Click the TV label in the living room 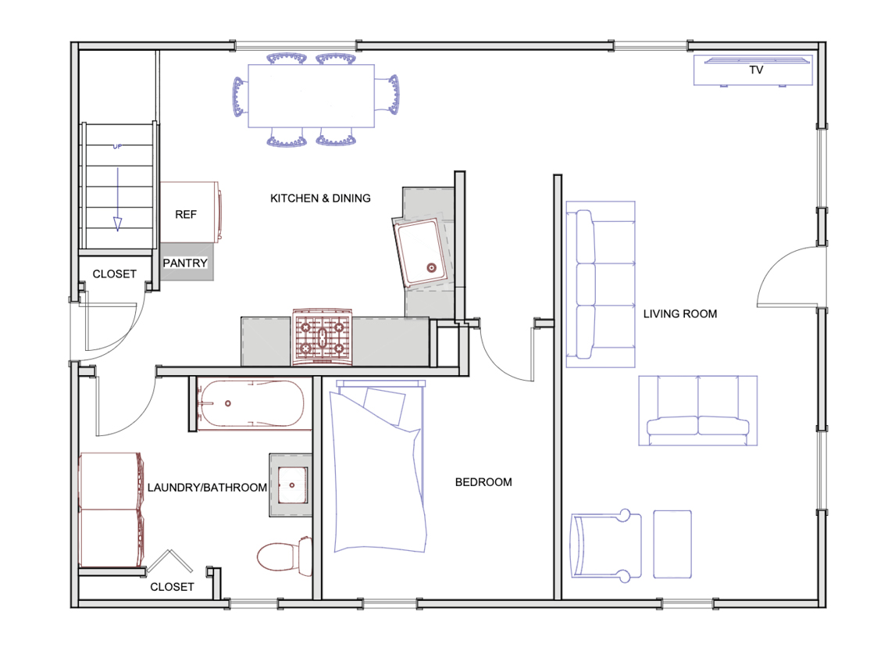pyautogui.click(x=756, y=70)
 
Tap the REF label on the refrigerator pyautogui.click(x=186, y=214)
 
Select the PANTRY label pyautogui.click(x=185, y=263)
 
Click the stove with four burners pyautogui.click(x=322, y=337)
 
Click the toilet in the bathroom pyautogui.click(x=283, y=556)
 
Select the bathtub pyautogui.click(x=250, y=404)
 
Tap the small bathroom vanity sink pyautogui.click(x=292, y=485)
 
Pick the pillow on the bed pyautogui.click(x=384, y=402)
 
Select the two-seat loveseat pyautogui.click(x=698, y=411)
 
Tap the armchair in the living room pyautogui.click(x=605, y=545)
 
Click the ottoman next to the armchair pyautogui.click(x=672, y=544)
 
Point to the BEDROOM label pyautogui.click(x=483, y=482)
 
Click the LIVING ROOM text pyautogui.click(x=679, y=314)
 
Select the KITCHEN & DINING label pyautogui.click(x=320, y=199)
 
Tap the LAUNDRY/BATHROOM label pyautogui.click(x=207, y=488)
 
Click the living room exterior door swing pyautogui.click(x=785, y=275)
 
